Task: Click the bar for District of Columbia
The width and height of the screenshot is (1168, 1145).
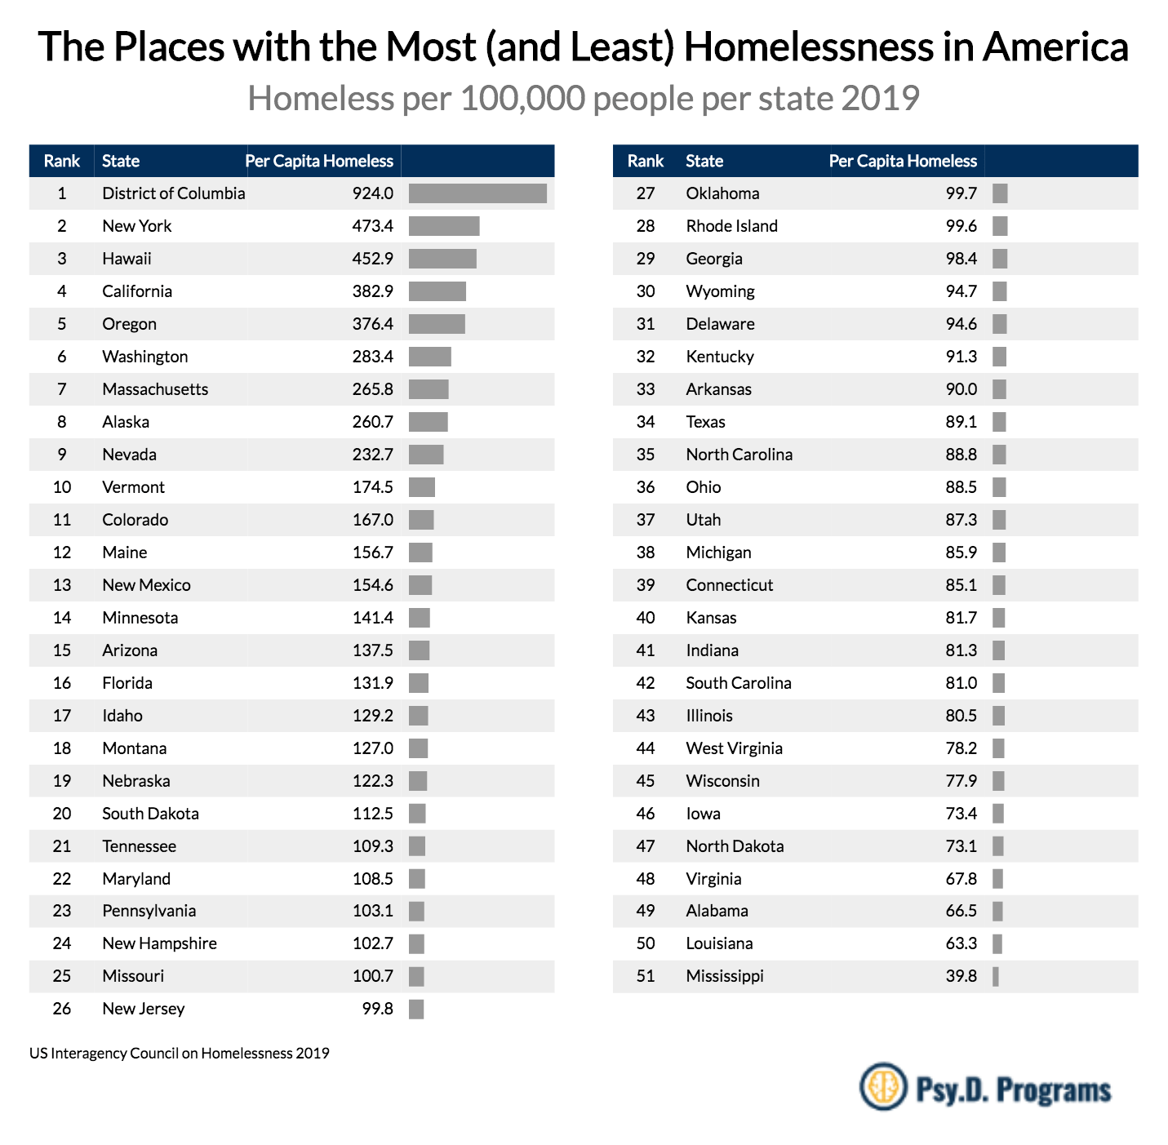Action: (477, 193)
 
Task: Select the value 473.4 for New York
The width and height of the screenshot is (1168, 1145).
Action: (372, 226)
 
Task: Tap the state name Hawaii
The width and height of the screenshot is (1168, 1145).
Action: (127, 259)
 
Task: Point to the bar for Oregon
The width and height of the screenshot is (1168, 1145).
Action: (437, 324)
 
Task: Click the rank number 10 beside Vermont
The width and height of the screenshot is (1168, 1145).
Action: (62, 487)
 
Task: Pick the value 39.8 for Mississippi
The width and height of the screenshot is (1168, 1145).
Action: (961, 976)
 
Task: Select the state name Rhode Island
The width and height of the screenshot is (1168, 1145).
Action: (731, 226)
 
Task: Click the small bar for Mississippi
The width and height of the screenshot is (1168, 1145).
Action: (996, 976)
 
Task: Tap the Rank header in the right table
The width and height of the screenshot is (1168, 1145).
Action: (645, 161)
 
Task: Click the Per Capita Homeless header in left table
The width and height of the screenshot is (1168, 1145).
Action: (319, 161)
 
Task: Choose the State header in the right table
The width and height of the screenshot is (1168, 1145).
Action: (704, 161)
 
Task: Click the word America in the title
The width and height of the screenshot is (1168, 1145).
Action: (1055, 47)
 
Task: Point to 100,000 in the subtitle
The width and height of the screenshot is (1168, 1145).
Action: (522, 98)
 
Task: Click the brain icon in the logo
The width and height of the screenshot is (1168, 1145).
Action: (882, 1086)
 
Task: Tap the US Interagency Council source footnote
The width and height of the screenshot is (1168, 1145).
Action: (180, 1053)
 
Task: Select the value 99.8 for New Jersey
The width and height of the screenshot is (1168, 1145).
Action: (377, 1009)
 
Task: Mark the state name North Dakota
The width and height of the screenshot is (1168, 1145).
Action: (735, 846)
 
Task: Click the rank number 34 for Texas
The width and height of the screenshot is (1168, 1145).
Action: (646, 422)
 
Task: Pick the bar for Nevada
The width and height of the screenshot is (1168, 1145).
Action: (426, 455)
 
